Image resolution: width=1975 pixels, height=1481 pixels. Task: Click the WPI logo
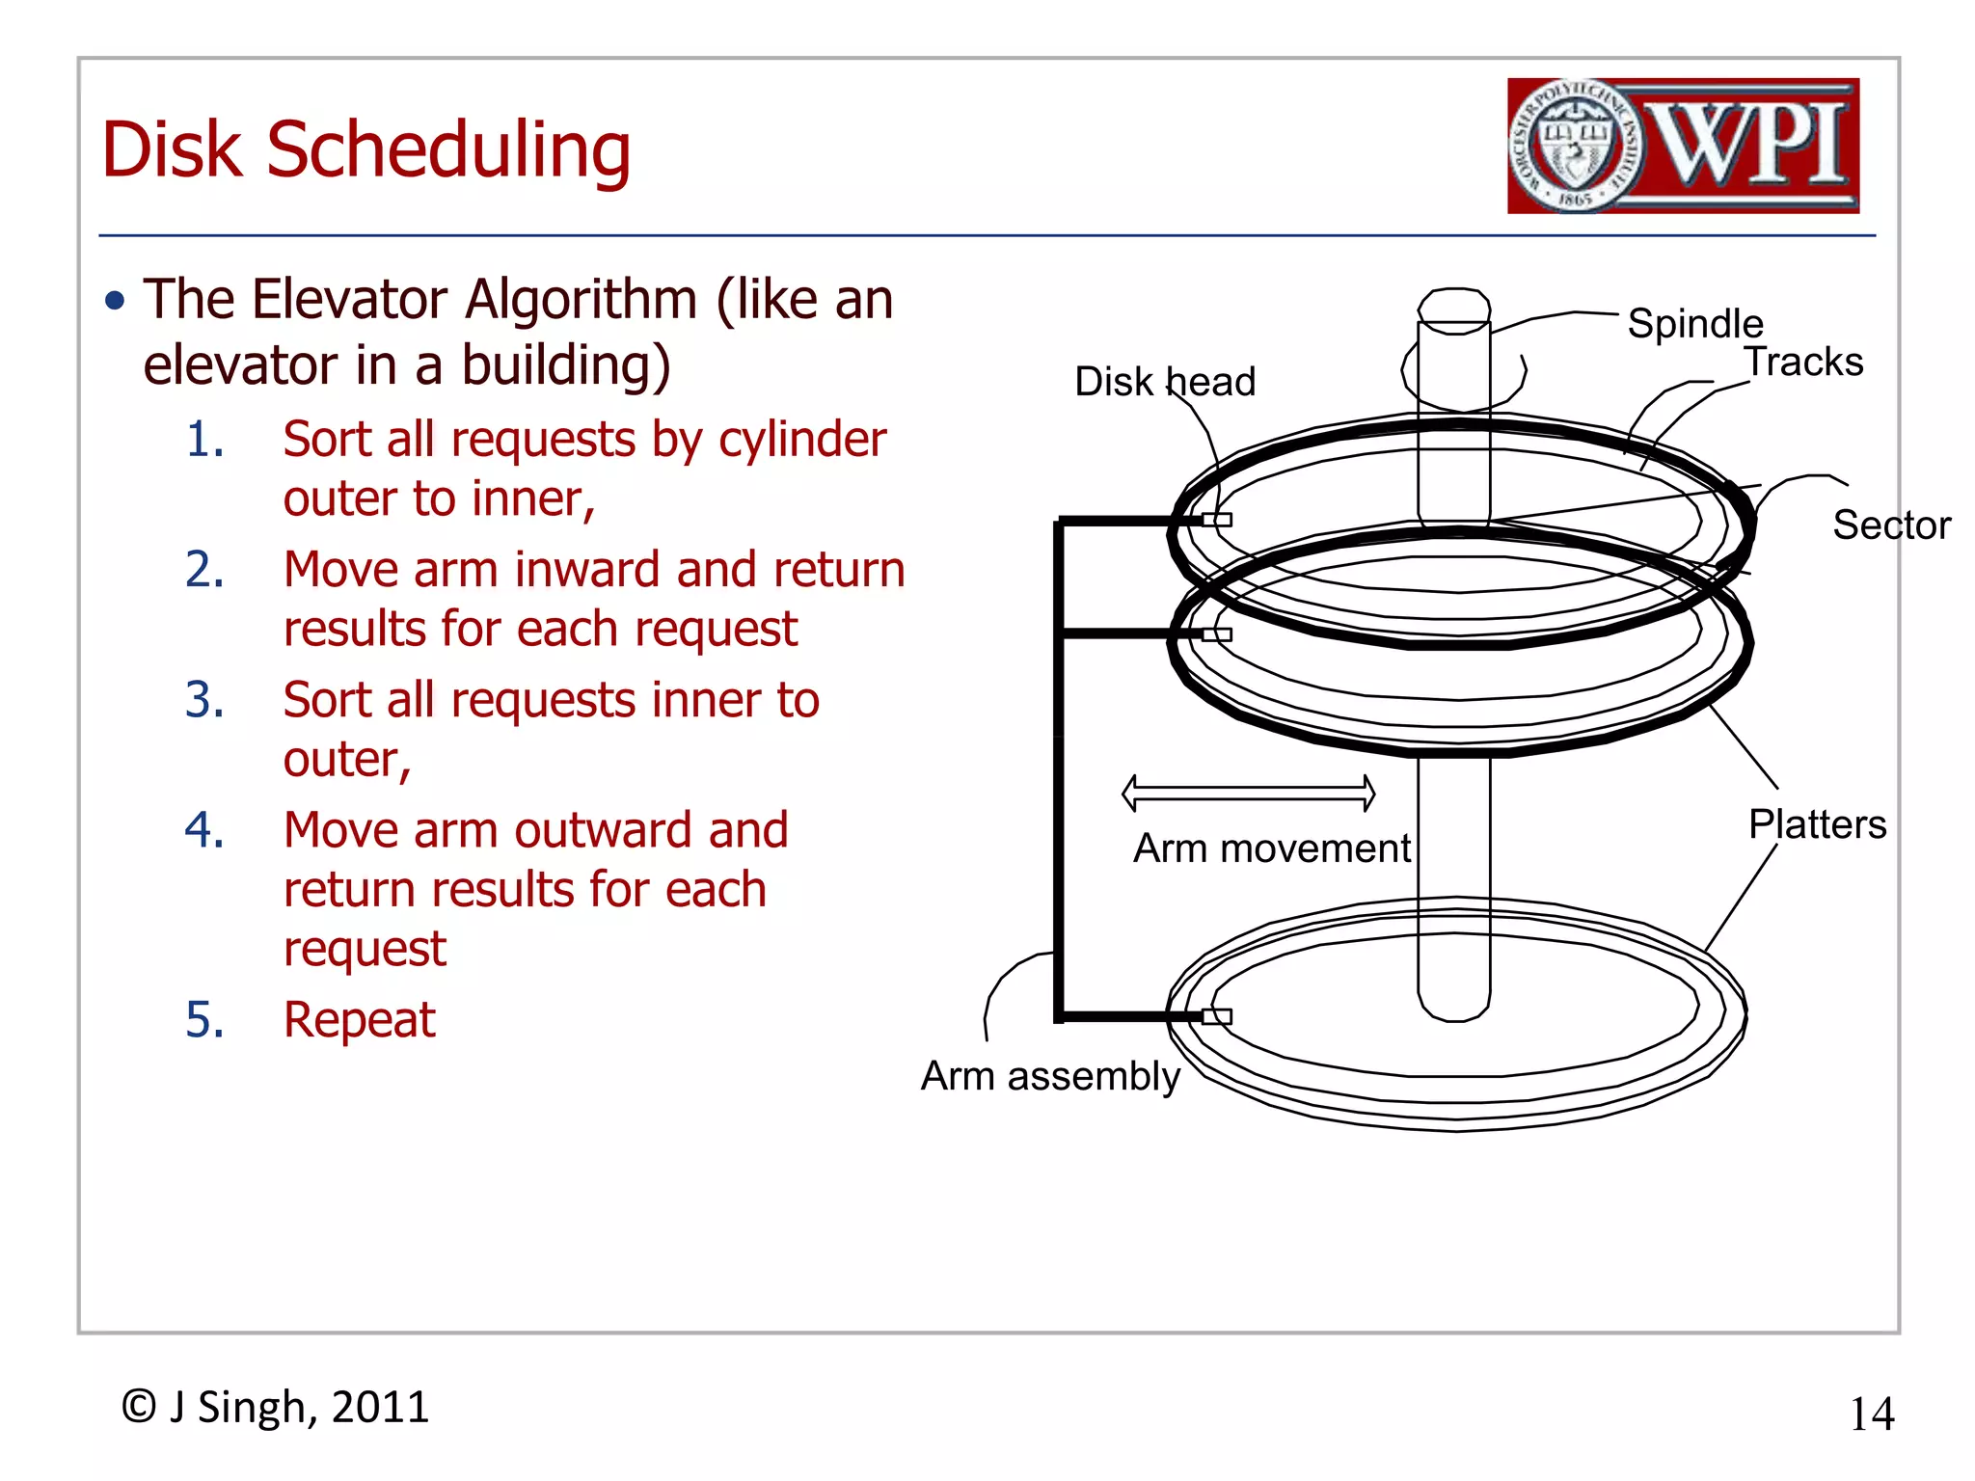[x=1683, y=146]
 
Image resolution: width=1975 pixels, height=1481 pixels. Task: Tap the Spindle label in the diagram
[x=1694, y=324]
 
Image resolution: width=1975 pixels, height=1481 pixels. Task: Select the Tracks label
[x=1803, y=363]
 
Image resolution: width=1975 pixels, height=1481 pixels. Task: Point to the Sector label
[x=1890, y=525]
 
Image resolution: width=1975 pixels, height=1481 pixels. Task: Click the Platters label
[x=1817, y=824]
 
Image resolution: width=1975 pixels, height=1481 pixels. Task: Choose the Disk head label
[x=1164, y=382]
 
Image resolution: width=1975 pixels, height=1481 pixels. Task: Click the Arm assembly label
[x=1049, y=1076]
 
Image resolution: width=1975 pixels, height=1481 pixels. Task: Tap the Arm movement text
[x=1271, y=848]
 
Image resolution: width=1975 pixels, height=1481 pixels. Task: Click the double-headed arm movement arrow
[x=1248, y=793]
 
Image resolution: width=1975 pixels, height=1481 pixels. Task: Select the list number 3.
[x=204, y=699]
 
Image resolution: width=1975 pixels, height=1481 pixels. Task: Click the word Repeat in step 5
[x=359, y=1019]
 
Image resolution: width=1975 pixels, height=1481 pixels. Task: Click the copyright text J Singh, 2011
[x=276, y=1407]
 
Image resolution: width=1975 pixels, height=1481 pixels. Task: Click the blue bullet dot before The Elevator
[x=116, y=301]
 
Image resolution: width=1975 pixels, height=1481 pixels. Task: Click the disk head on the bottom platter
[x=1217, y=1016]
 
